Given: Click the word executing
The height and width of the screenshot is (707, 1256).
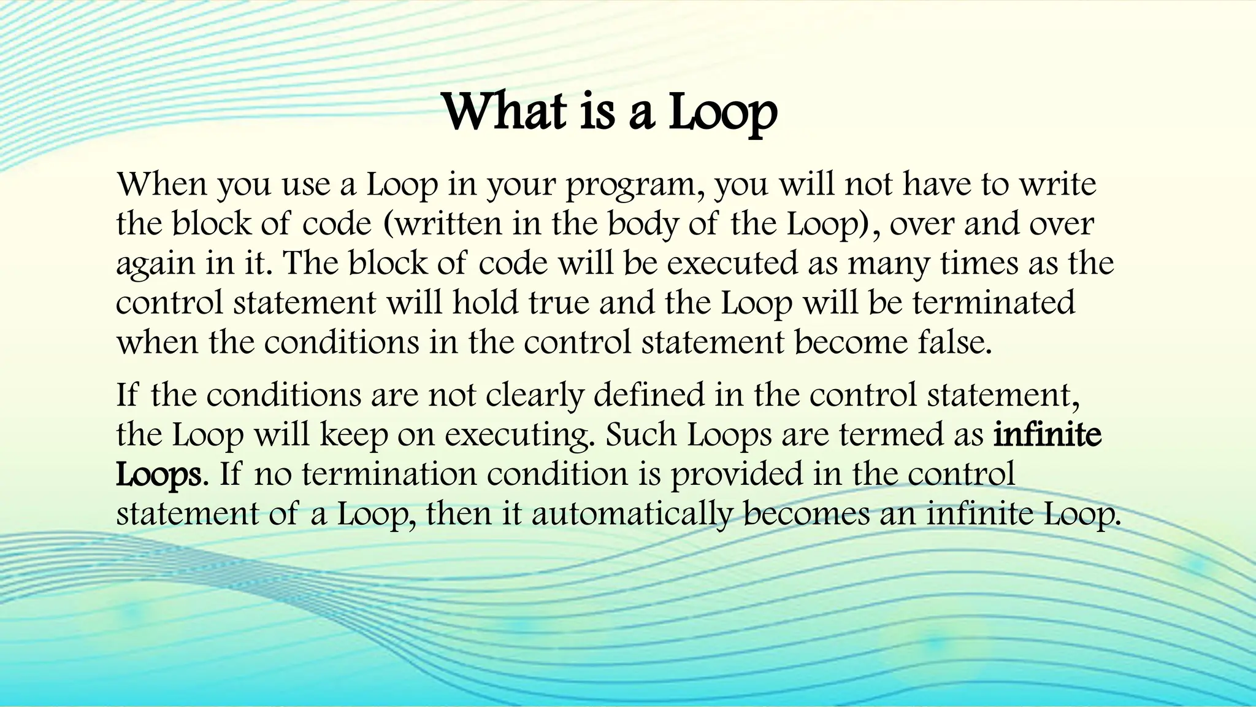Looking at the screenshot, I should [520, 436].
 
